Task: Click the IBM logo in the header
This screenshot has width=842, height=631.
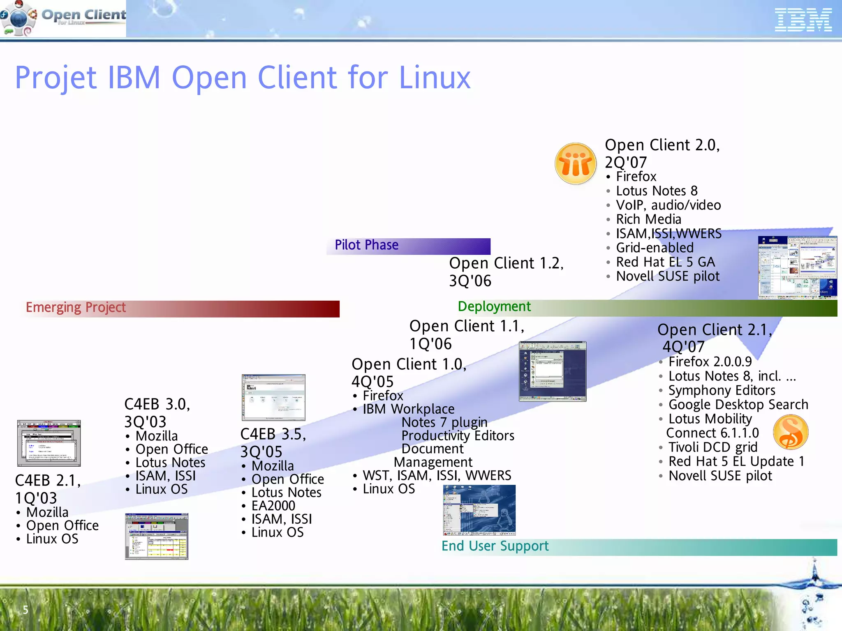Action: coord(803,21)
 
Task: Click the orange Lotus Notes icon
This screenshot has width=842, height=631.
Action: coord(575,164)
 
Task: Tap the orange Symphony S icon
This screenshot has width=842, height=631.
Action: coord(790,432)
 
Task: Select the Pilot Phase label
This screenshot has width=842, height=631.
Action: coord(366,245)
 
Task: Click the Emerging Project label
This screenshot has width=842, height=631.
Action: coord(76,308)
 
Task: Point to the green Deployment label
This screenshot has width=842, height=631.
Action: coord(494,307)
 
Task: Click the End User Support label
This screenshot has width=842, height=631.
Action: coord(495,546)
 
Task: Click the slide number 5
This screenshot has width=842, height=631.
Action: coord(25,610)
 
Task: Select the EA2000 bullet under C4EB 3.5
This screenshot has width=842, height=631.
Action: coord(273,506)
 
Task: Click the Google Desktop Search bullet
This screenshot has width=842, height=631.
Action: coord(738,405)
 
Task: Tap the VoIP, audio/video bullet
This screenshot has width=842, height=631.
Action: coord(668,205)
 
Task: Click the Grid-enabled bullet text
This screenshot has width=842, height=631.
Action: coord(655,248)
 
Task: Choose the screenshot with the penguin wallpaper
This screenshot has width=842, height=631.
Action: coord(479,510)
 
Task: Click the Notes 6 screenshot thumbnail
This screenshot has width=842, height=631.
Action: coord(273,397)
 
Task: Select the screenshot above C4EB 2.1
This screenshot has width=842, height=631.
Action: coord(49,443)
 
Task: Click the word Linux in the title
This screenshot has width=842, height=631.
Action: coord(435,78)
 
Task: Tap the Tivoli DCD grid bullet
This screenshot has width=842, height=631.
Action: coord(712,447)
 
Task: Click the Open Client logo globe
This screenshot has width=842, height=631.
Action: coord(19,18)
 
